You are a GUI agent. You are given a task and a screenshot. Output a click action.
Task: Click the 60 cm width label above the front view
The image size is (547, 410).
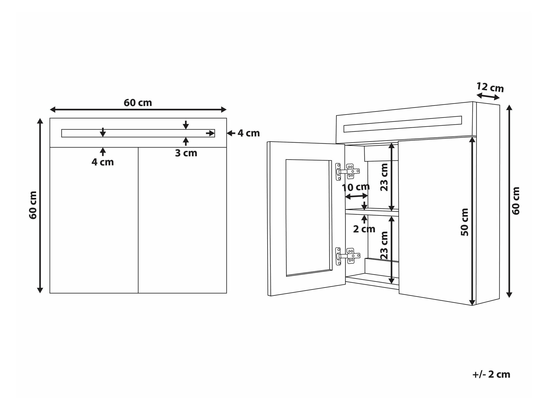138,103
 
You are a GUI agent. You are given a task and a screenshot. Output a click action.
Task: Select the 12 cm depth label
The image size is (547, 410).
490,87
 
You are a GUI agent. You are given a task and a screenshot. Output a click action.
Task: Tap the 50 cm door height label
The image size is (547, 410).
465,222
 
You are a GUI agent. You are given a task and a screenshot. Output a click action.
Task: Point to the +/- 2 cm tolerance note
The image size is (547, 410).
491,374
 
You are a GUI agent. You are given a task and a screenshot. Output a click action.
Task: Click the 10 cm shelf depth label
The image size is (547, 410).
356,187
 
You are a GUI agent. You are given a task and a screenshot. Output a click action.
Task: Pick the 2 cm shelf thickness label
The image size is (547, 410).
364,229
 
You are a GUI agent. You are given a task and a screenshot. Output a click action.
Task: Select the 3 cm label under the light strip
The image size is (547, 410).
186,153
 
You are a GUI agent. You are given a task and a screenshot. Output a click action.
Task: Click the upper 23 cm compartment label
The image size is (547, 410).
384,177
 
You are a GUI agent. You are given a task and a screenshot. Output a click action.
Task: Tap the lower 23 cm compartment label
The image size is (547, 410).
384,245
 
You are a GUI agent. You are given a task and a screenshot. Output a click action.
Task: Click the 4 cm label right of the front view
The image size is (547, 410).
248,133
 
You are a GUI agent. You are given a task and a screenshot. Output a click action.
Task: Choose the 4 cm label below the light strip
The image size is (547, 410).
103,162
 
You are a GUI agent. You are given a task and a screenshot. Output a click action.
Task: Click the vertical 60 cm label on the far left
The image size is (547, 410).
33,205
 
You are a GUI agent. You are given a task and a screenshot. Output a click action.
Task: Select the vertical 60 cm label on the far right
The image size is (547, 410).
516,201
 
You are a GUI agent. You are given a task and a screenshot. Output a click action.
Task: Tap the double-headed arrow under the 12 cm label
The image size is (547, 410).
488,96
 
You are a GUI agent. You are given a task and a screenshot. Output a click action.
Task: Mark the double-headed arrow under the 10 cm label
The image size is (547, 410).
356,196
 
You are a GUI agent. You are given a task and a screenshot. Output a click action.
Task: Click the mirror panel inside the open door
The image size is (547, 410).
309,218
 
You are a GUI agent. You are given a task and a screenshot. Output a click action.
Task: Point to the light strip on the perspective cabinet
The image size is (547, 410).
403,124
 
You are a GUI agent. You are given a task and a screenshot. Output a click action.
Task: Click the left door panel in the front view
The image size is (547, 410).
94,220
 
